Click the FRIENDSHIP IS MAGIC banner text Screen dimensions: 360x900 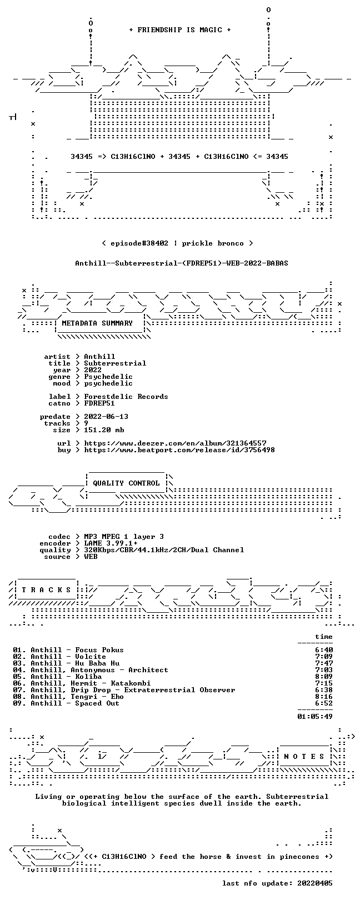[179, 30]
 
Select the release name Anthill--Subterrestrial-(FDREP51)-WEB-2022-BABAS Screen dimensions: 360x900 [182, 263]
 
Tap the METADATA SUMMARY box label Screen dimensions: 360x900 [97, 323]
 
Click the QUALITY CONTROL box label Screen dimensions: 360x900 [126, 483]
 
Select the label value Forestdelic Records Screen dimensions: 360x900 [126, 397]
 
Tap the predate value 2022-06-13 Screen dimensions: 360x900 [106, 417]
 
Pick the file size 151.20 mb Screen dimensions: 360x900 [104, 430]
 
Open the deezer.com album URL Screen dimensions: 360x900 [175, 443]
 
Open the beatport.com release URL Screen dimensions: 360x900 [179, 450]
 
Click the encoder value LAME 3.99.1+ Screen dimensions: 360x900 [111, 543]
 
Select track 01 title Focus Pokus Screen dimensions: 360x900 [99, 649]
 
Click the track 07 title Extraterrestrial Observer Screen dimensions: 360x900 [179, 690]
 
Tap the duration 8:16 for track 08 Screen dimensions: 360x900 [324, 696]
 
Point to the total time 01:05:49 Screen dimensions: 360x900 [315, 716]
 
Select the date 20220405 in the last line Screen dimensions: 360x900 [315, 883]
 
